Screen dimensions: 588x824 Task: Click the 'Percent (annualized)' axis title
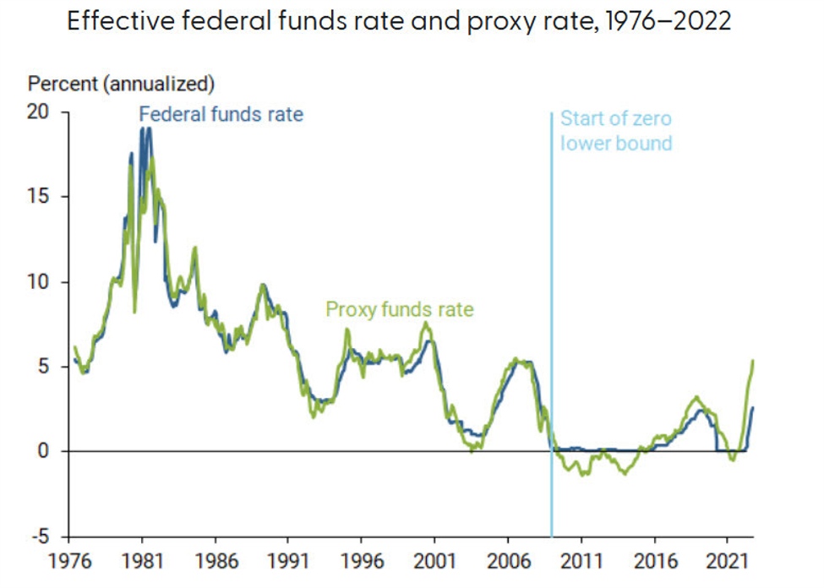point(122,84)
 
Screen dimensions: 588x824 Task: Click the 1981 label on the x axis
point(142,560)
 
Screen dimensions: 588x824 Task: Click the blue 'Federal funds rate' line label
point(221,113)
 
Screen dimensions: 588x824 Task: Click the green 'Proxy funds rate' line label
point(400,310)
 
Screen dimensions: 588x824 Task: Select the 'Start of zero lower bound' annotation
point(616,131)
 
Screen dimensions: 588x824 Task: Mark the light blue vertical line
point(551,338)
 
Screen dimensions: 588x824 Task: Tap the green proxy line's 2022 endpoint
point(752,361)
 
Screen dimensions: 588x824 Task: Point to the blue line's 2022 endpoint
point(752,408)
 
